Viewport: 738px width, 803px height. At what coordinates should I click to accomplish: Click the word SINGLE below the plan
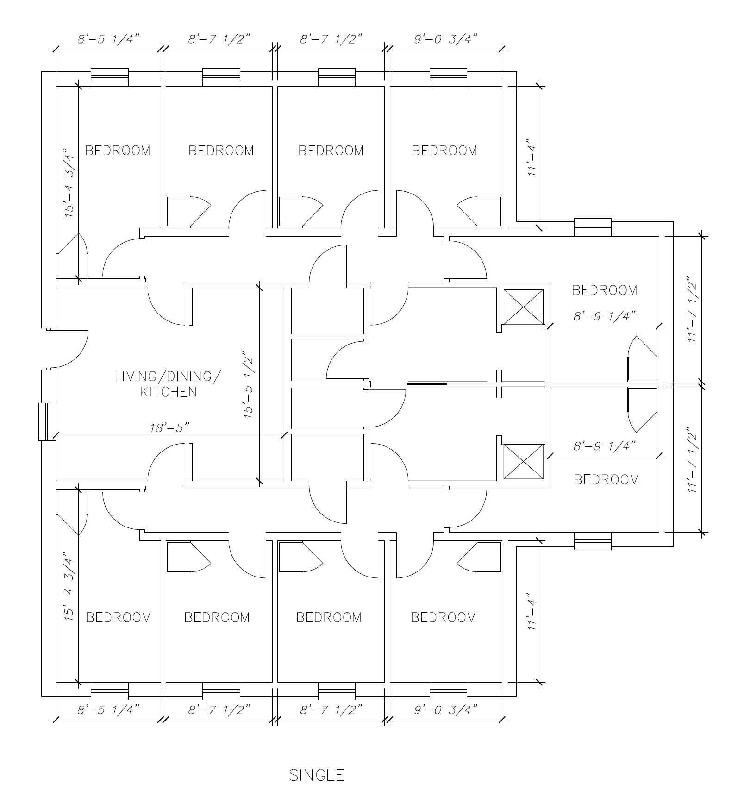317,775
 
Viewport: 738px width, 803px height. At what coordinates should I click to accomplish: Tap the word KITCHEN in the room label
169,392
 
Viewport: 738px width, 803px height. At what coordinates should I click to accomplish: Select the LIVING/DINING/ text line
169,376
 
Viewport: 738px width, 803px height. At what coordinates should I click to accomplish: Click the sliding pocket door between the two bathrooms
426,384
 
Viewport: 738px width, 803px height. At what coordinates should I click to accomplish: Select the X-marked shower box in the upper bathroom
523,307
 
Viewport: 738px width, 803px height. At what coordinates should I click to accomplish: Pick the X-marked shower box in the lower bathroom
523,462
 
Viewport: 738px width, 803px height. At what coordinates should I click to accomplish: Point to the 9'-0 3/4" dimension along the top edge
446,39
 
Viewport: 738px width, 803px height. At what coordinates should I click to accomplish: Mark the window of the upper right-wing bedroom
593,227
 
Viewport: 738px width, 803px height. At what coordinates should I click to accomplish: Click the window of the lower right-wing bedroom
593,541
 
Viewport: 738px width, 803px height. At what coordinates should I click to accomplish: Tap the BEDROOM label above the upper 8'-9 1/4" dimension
605,290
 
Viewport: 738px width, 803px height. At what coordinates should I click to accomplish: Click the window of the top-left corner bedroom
109,77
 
